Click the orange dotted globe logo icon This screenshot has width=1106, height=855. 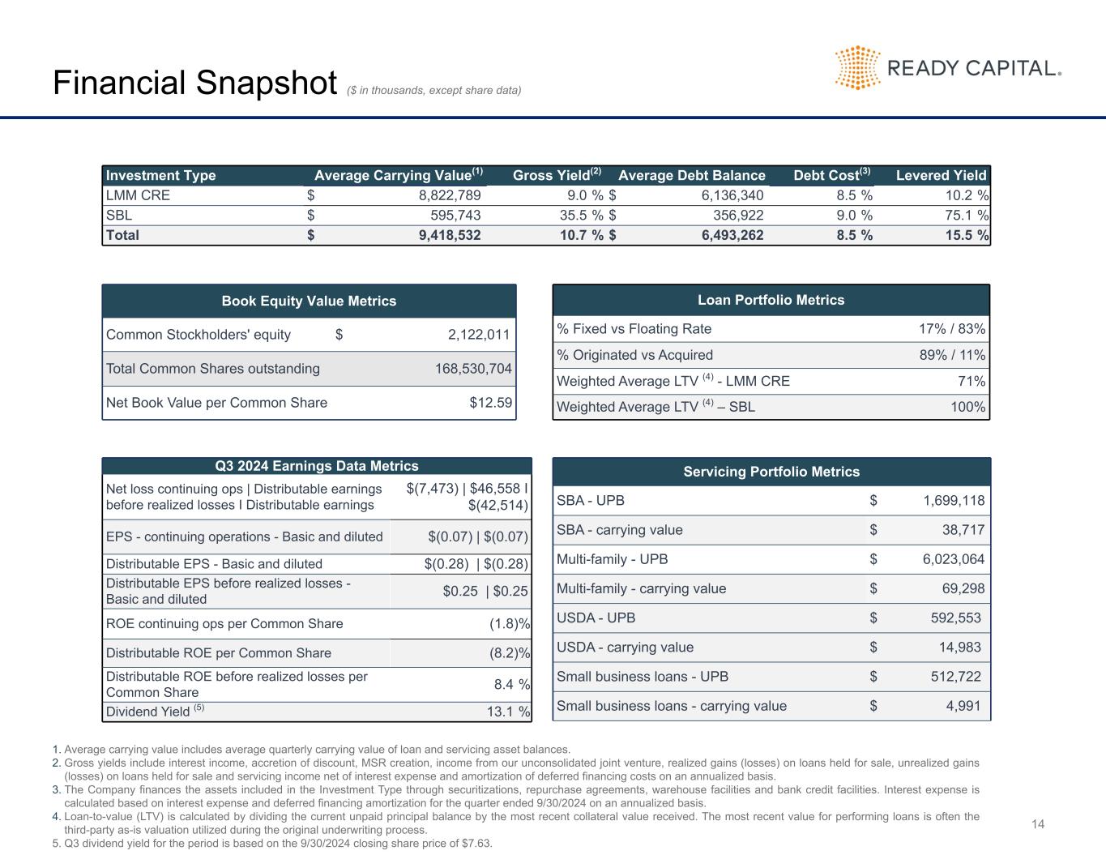point(857,67)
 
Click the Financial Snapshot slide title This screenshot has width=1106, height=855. point(194,83)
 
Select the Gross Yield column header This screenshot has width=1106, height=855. point(557,175)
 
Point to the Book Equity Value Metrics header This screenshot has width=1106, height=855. point(309,301)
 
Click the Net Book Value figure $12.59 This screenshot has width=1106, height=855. point(491,402)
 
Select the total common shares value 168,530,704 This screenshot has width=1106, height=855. point(473,369)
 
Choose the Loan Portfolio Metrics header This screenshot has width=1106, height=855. point(771,300)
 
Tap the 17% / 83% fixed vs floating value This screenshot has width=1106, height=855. point(951,328)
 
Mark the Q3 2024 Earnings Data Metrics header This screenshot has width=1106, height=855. point(316,466)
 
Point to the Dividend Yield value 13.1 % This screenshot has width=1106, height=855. point(512,712)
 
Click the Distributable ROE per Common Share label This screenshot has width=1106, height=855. point(219,653)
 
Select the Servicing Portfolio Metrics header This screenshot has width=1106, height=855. point(771,472)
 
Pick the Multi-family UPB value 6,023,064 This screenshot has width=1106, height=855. point(954,559)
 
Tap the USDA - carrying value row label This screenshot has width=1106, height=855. point(625,647)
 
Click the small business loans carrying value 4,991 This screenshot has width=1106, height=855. point(963,706)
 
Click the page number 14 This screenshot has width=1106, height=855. point(1038,824)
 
